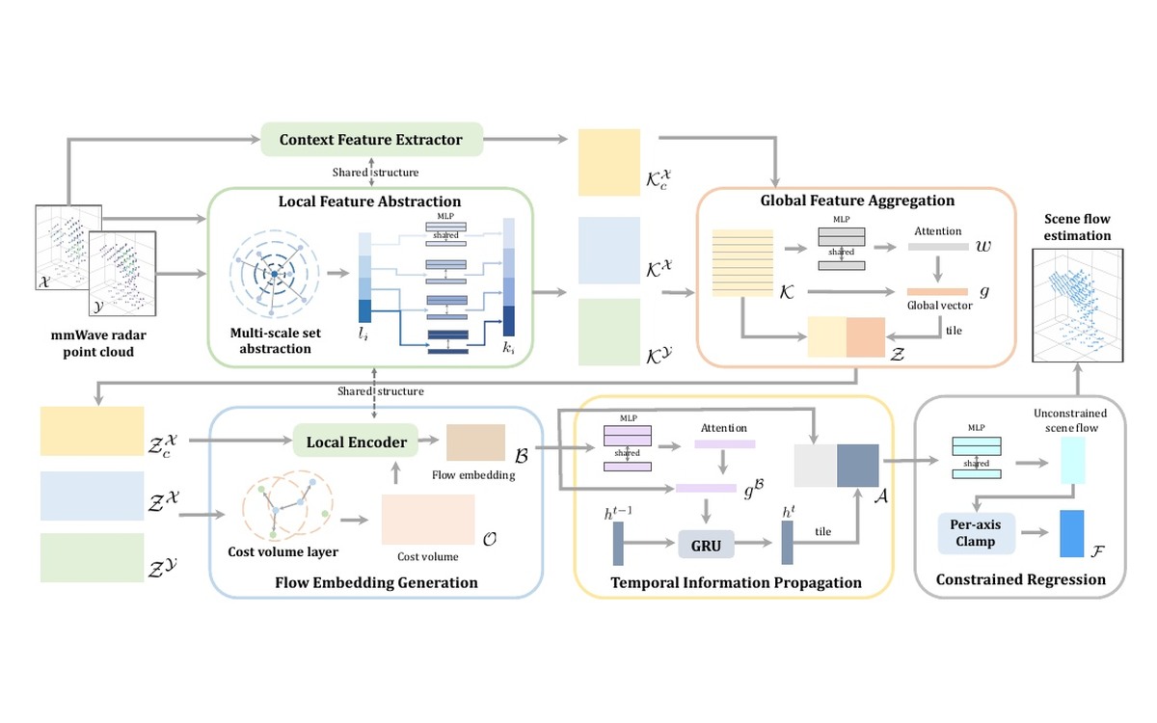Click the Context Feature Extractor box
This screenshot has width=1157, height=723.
tap(371, 140)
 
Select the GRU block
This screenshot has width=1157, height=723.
tap(706, 545)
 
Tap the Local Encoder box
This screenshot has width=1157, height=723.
tap(356, 442)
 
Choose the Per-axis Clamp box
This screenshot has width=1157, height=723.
tap(975, 533)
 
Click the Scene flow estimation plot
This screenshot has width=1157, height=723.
tap(1078, 306)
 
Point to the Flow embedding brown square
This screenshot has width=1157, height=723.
tap(475, 442)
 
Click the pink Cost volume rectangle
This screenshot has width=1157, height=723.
tap(428, 520)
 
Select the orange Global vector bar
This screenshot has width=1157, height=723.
tap(937, 292)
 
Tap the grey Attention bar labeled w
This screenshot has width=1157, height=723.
tap(938, 247)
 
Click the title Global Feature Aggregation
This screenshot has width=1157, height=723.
tap(857, 201)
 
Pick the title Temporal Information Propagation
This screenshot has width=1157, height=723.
tap(736, 582)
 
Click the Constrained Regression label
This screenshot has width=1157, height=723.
tap(1021, 580)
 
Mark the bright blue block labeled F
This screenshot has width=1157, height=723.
tap(1072, 534)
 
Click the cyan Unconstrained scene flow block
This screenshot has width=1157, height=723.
tap(1073, 460)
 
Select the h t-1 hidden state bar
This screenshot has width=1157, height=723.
tap(618, 544)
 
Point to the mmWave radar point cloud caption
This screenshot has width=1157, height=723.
tap(98, 343)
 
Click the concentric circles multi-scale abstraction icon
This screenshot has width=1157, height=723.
tap(274, 274)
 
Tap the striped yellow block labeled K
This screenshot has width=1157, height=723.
tap(742, 263)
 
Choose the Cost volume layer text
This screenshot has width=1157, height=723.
tap(283, 551)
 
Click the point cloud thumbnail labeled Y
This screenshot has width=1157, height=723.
tap(122, 274)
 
